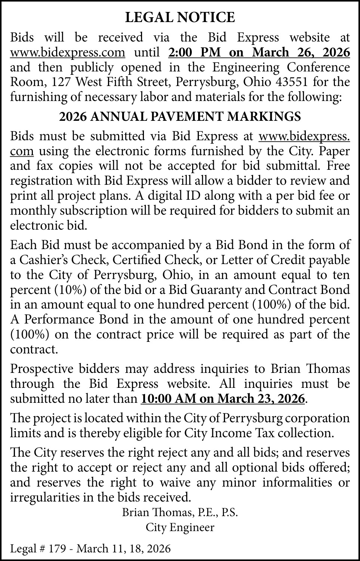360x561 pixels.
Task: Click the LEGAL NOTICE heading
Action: click(x=180, y=18)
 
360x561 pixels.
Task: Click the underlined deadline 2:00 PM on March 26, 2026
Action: click(x=259, y=52)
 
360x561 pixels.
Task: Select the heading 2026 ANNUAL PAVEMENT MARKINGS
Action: click(x=180, y=117)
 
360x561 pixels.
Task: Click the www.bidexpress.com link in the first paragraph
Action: click(x=68, y=52)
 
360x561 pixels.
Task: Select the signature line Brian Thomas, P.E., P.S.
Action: click(x=180, y=512)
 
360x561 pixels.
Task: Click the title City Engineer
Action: click(x=180, y=527)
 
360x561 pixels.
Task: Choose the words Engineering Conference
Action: click(x=281, y=67)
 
